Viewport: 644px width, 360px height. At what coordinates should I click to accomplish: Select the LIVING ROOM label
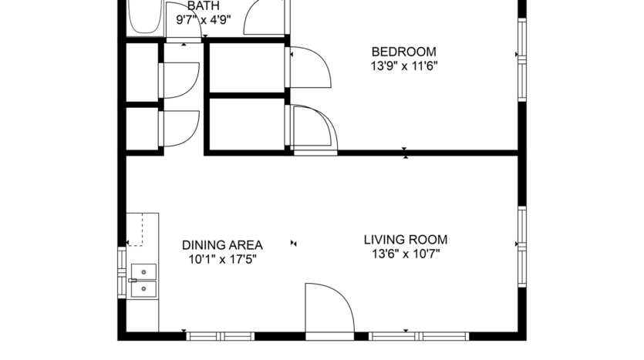point(405,240)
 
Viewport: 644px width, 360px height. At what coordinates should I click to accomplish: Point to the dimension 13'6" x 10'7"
point(405,254)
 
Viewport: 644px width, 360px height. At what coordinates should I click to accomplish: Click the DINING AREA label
point(222,245)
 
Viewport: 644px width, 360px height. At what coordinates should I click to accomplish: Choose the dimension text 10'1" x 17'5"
point(222,259)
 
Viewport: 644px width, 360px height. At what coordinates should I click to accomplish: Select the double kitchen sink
point(143,280)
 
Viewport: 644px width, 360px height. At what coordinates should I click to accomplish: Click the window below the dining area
point(221,336)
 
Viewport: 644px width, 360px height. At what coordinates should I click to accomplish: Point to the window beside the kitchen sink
point(121,271)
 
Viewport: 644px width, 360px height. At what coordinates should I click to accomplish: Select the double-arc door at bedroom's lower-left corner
point(312,128)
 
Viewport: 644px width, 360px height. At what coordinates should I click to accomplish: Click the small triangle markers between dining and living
point(292,244)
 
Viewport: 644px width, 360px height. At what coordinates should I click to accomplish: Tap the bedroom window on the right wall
point(521,54)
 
